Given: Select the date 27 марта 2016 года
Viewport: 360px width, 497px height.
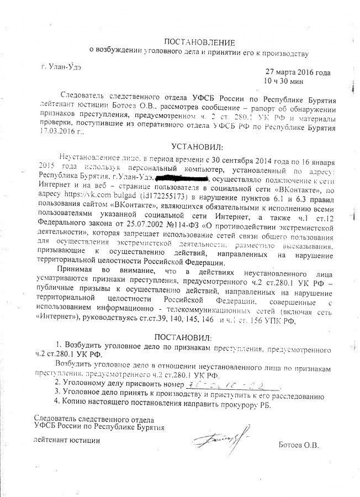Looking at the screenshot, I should point(298,73).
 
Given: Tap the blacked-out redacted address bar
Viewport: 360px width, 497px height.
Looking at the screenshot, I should point(182,178).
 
